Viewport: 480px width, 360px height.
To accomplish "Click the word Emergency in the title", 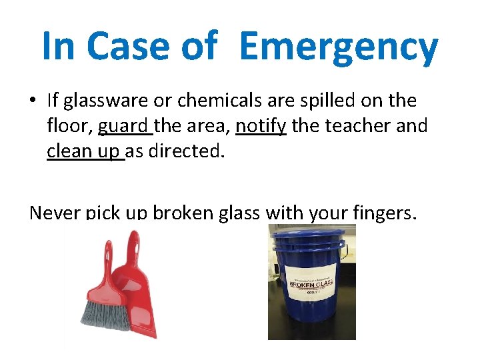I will (338, 47).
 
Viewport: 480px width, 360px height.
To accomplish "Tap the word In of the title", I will (59, 47).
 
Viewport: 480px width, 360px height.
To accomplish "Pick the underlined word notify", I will (261, 125).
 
